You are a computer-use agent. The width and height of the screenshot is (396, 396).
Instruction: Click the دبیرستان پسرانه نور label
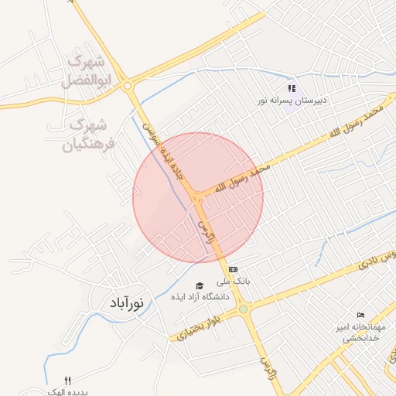coord(293,101)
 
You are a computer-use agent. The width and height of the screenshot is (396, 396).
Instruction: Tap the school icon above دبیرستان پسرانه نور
coord(292,88)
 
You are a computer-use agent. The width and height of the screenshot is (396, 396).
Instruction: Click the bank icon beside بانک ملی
coord(233,269)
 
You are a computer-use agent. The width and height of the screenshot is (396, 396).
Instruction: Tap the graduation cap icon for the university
coord(199,285)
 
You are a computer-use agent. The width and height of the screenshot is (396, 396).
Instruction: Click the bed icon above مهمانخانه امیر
coord(360,315)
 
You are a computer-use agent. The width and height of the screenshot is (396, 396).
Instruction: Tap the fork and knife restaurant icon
coord(67,381)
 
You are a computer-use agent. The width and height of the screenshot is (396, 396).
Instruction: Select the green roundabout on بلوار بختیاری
coord(244,310)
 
